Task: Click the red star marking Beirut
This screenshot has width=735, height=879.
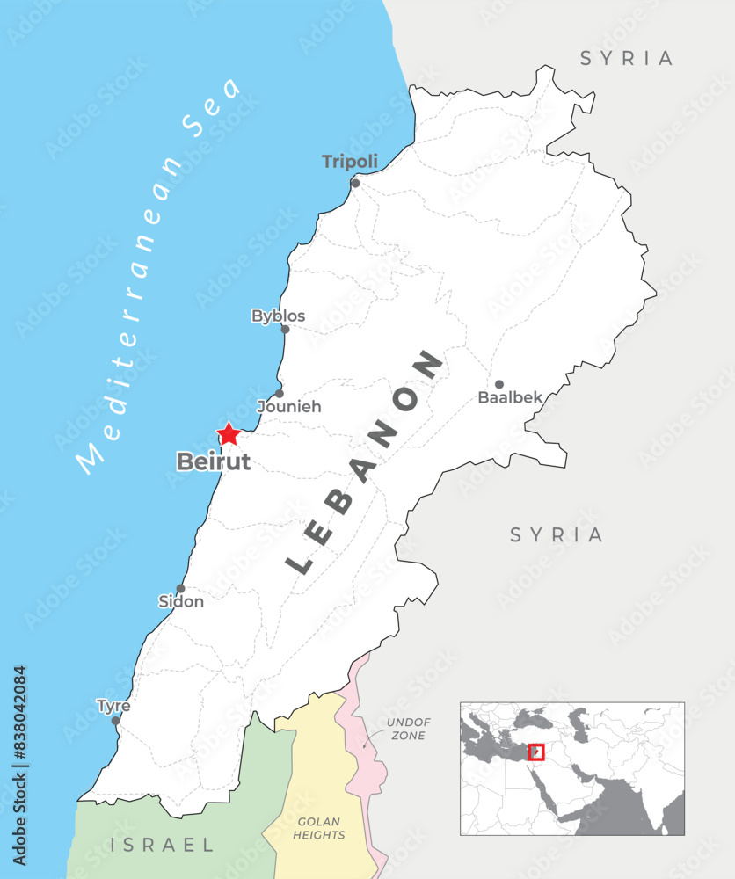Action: [229, 433]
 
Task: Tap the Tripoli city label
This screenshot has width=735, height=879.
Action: [350, 162]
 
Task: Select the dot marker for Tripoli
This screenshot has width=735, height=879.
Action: [355, 183]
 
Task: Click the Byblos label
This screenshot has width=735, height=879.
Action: [278, 316]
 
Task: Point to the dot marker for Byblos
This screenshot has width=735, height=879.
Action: [285, 330]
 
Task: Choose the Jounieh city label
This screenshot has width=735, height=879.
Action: [288, 407]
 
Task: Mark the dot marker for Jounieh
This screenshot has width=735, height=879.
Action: [280, 393]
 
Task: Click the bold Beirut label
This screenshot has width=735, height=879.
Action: [214, 461]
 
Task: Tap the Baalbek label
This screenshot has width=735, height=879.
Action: [510, 397]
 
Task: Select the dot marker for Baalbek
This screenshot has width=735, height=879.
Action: [498, 384]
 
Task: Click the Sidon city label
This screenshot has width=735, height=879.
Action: [180, 602]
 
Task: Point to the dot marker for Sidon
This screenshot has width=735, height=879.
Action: [180, 589]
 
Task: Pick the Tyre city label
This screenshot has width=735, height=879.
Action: [113, 706]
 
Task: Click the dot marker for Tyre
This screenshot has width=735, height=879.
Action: [115, 720]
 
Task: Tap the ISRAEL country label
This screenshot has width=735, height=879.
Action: [163, 846]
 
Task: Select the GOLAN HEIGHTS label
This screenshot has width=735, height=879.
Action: [320, 828]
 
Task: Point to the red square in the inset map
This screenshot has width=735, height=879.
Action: [536, 752]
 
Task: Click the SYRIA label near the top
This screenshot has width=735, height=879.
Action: [627, 59]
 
